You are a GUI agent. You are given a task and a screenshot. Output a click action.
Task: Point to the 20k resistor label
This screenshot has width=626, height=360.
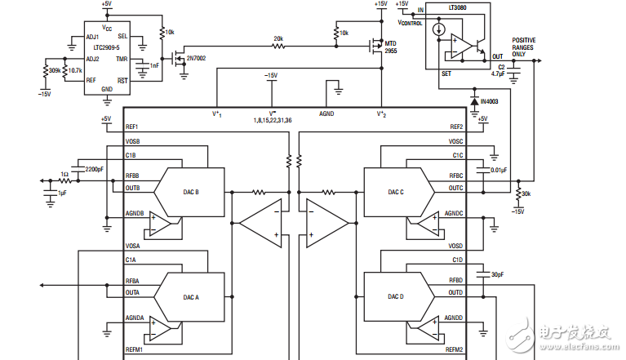coord(278,38)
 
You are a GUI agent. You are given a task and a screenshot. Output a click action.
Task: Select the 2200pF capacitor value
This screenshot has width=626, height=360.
coord(94,169)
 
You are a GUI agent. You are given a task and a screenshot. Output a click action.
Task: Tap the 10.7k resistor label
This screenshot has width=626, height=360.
coord(74,71)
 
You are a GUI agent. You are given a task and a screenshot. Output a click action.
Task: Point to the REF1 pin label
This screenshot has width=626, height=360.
coord(132,127)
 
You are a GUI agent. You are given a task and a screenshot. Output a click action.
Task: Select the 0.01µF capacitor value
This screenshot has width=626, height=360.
coord(498,170)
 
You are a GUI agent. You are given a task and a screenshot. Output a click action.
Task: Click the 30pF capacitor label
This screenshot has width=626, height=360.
coord(498,274)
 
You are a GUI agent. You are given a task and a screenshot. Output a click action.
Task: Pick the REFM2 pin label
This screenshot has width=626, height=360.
coord(454,350)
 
